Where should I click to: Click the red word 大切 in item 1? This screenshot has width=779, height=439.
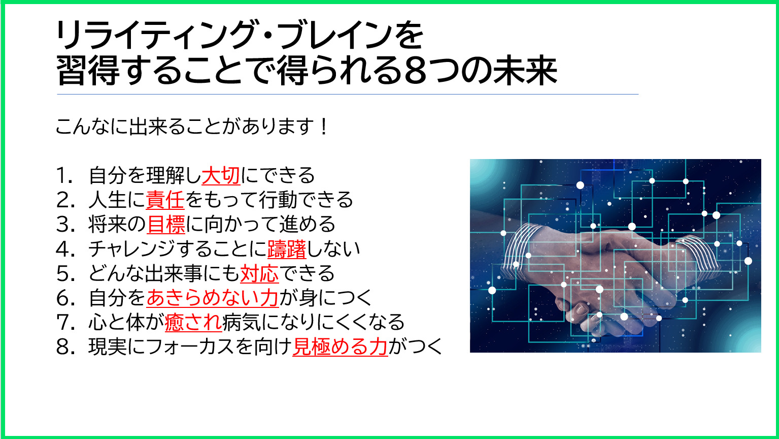pyautogui.click(x=221, y=175)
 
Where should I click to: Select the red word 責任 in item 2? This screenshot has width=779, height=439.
pyautogui.click(x=165, y=200)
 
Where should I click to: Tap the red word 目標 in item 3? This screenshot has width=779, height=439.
pyautogui.click(x=166, y=224)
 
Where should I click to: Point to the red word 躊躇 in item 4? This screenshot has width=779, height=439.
pyautogui.click(x=287, y=249)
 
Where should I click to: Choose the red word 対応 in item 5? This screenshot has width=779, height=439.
pyautogui.click(x=259, y=273)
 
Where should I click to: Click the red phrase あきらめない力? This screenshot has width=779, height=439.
pyautogui.click(x=213, y=298)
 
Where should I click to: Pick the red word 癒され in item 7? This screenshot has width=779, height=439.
pyautogui.click(x=193, y=322)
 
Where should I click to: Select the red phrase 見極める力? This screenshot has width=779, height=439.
pyautogui.click(x=340, y=347)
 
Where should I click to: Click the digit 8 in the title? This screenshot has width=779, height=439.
pyautogui.click(x=415, y=72)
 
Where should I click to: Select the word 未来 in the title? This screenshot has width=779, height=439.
pyautogui.click(x=525, y=71)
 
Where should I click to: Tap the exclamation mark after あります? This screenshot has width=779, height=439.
pyautogui.click(x=324, y=127)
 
